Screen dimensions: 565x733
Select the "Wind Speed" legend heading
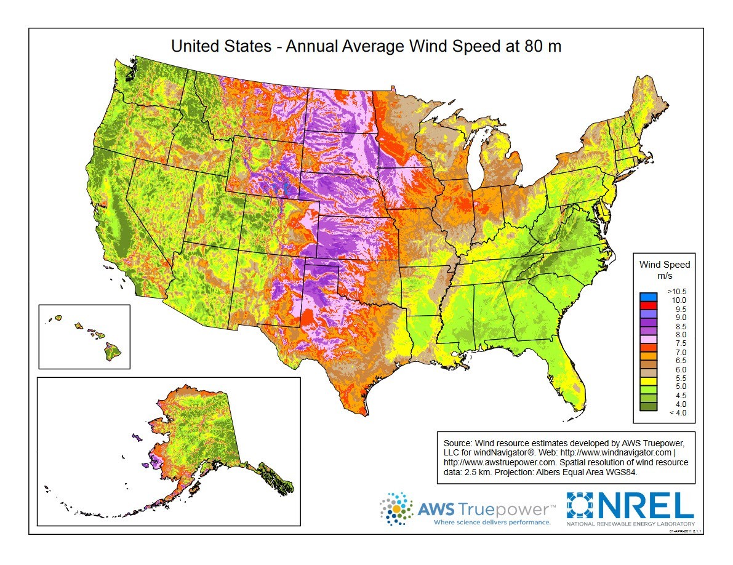[x=665, y=265]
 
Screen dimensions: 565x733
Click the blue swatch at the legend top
[x=648, y=296]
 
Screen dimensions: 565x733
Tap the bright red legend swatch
[x=648, y=305]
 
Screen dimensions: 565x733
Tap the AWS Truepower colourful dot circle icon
[x=396, y=509]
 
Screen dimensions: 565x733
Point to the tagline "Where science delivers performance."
[x=492, y=522]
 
